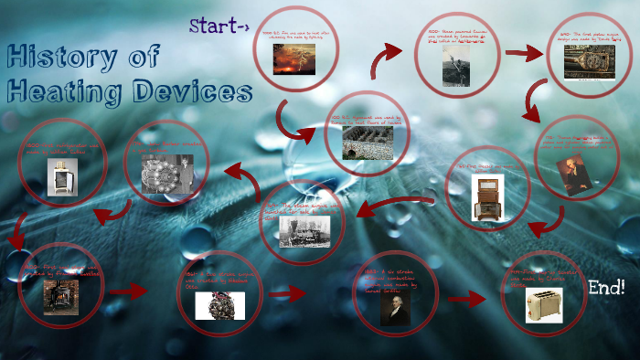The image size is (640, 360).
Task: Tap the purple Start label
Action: coord(219,26)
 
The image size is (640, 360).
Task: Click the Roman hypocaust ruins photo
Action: coord(368,143)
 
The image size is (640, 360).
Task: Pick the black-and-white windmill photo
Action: coord(453,66)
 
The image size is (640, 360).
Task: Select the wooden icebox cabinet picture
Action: coord(487,196)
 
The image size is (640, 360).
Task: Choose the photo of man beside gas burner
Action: coord(165,172)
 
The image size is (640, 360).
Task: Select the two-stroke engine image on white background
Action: coord(219,305)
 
